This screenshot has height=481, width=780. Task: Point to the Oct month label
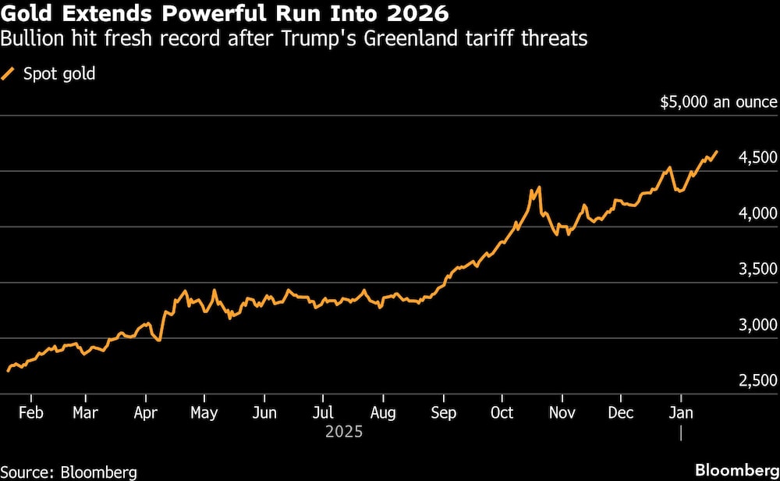pyautogui.click(x=502, y=412)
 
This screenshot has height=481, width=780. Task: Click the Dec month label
pyautogui.click(x=621, y=412)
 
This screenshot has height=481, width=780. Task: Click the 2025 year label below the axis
pyautogui.click(x=343, y=430)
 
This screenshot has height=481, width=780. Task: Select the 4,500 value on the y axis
pyautogui.click(x=757, y=158)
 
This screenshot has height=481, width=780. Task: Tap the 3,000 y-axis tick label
pyautogui.click(x=757, y=325)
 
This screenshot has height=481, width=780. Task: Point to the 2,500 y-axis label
pyautogui.click(x=757, y=380)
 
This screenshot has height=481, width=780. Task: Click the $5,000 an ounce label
pyautogui.click(x=718, y=102)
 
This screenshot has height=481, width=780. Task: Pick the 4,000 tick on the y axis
pyautogui.click(x=757, y=213)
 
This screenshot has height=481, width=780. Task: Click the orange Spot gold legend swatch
pyautogui.click(x=9, y=74)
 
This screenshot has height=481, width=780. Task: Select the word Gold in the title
pyautogui.click(x=25, y=14)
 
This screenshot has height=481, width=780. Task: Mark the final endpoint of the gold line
pyautogui.click(x=717, y=151)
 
